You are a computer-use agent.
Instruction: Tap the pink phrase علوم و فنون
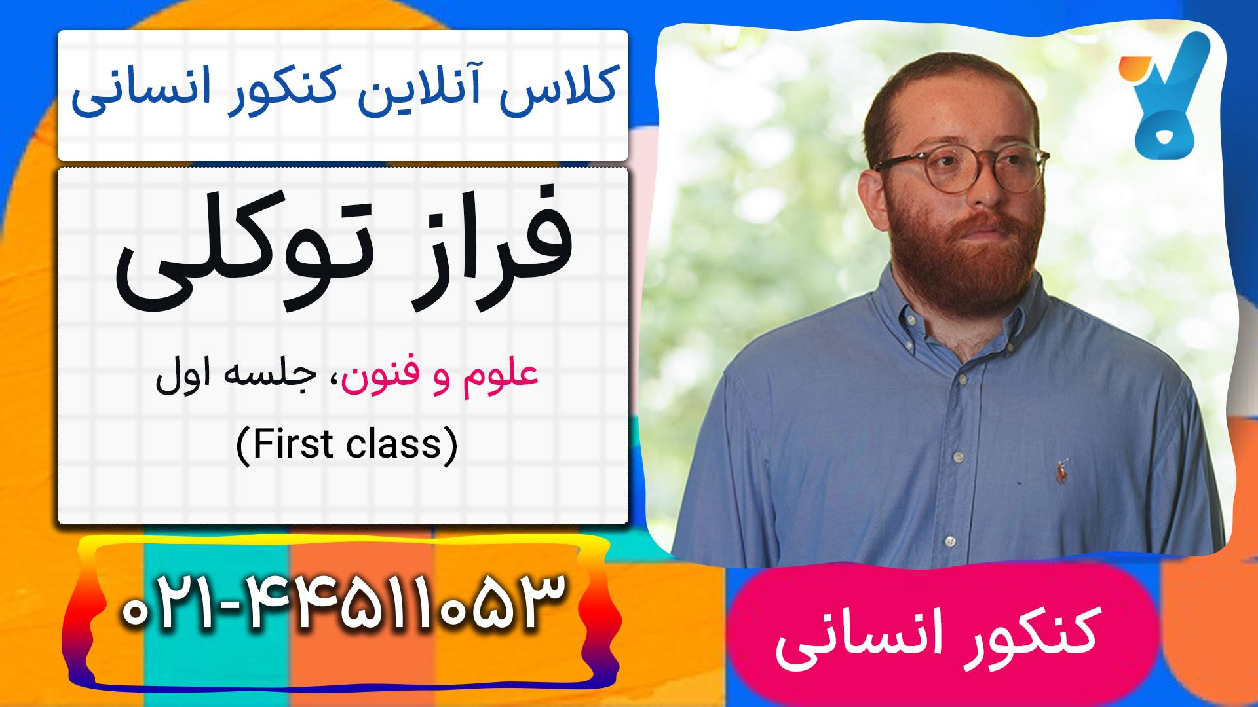pyautogui.click(x=440, y=376)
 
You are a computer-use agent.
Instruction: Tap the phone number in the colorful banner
pyautogui.click(x=342, y=603)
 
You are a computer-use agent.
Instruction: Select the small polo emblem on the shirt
pyautogui.click(x=1061, y=471)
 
